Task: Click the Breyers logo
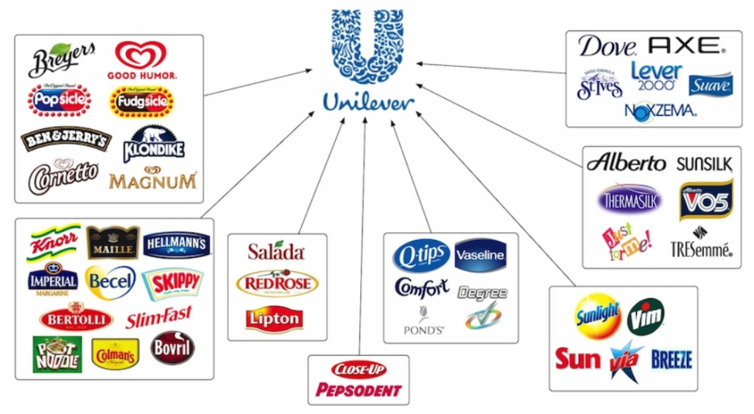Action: (x=62, y=60)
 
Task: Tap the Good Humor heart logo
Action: (x=141, y=59)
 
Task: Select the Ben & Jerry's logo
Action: (x=66, y=139)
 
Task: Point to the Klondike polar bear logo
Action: (x=153, y=143)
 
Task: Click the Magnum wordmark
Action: (x=152, y=180)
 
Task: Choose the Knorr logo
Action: (x=53, y=241)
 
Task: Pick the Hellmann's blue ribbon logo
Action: (x=176, y=244)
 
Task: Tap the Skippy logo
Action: (x=172, y=282)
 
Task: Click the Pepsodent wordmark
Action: (x=358, y=390)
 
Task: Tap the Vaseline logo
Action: (x=480, y=256)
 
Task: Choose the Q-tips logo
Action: (x=420, y=255)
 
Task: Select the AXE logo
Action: (x=686, y=46)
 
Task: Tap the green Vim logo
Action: (x=646, y=317)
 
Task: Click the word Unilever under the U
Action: (x=368, y=102)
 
